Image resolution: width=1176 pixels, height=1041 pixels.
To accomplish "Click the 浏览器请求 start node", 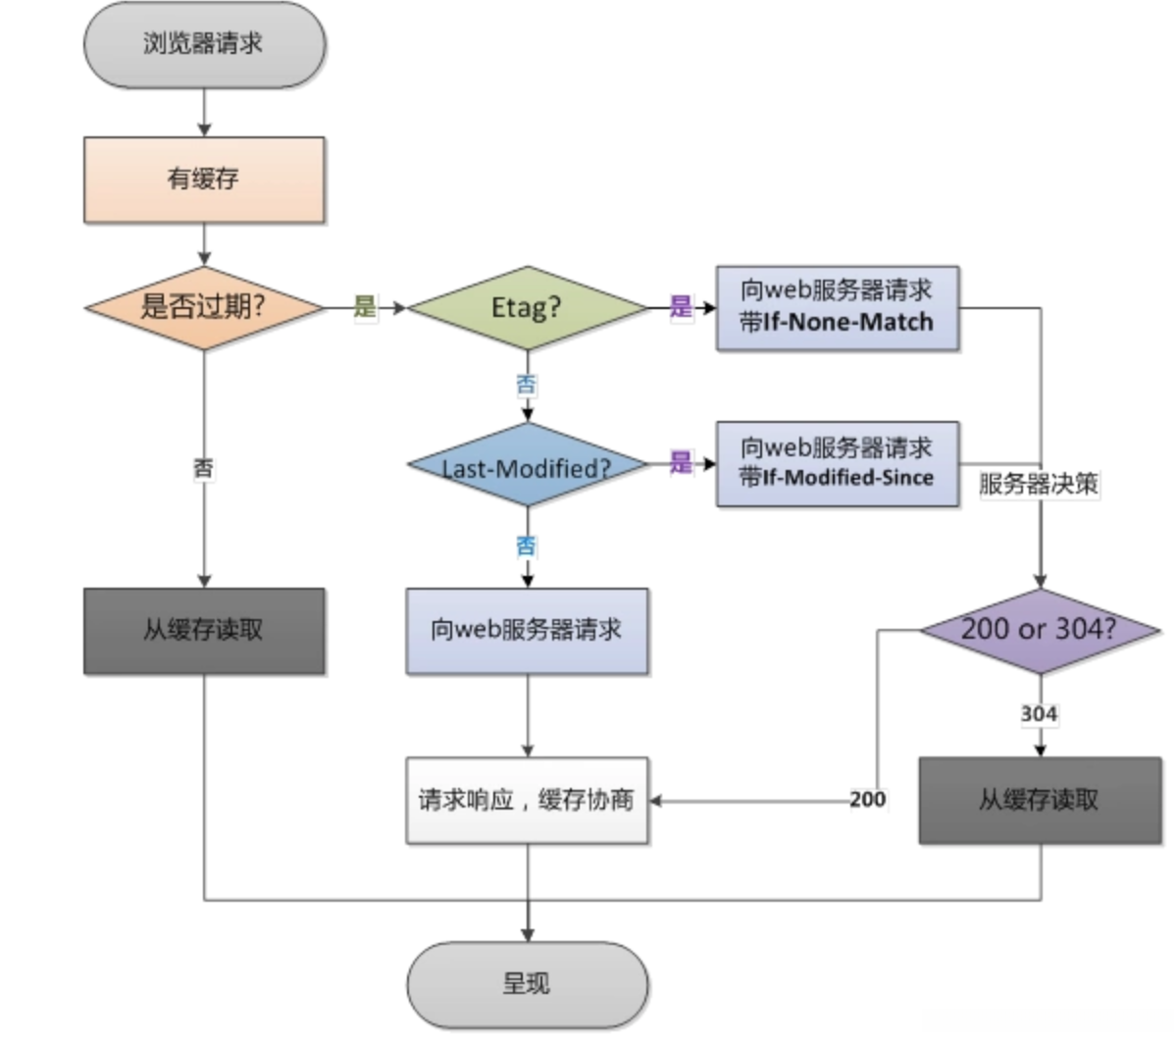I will pos(204,44).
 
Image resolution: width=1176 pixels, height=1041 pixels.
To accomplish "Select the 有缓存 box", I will pos(204,180).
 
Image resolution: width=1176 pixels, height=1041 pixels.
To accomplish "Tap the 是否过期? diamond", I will pos(204,307).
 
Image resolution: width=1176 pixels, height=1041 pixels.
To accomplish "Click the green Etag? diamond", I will pos(527,307).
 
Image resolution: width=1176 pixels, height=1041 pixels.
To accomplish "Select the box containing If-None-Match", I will pos(837,307).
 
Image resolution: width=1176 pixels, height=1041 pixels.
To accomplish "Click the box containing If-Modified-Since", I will pos(837,463).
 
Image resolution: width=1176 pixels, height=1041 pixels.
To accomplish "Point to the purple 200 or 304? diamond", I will pos(1040,630).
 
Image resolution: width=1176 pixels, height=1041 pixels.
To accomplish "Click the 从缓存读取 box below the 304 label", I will pos(1040,800).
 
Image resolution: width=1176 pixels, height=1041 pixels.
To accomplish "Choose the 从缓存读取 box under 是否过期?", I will pos(204,631).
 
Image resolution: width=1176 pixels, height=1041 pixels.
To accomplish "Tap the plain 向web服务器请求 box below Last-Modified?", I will pos(527,631).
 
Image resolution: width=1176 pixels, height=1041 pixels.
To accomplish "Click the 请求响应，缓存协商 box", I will pos(527,800).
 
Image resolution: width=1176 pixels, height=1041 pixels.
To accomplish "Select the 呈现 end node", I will pos(527,984).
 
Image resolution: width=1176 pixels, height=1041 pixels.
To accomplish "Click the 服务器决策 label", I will pos(1040,484).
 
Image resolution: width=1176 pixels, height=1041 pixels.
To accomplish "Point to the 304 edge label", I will pos(1039,713).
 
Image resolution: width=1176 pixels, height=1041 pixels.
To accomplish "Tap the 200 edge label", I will pos(867,800).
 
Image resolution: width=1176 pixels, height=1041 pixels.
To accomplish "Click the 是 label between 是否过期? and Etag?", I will pos(365,306).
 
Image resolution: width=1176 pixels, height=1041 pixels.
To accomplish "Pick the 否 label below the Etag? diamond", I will pos(527,385).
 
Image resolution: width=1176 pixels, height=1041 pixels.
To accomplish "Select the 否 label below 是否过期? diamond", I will pos(203,468).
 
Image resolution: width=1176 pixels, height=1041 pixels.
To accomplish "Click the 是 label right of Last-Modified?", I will pos(681,463).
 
